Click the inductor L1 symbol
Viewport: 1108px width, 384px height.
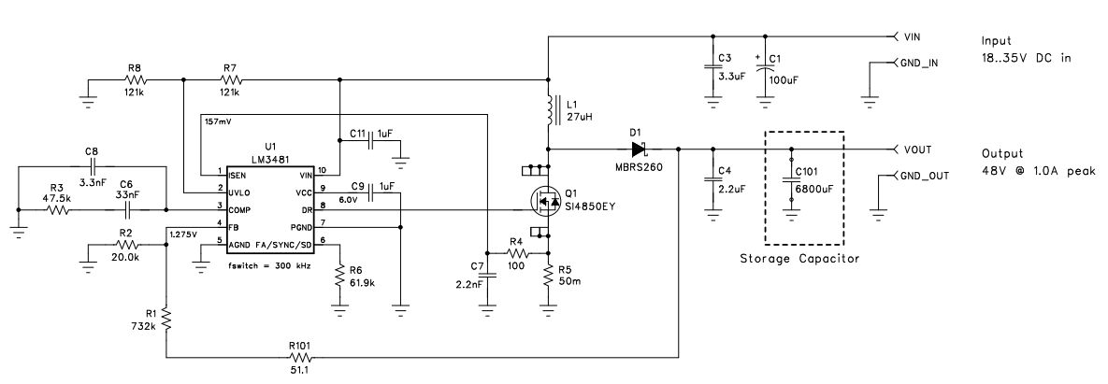click(548, 110)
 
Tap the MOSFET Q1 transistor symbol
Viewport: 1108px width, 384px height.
click(540, 200)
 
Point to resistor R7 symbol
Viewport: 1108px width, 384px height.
click(230, 79)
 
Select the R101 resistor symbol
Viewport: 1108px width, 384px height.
click(299, 356)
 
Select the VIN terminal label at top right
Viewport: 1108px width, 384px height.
click(915, 38)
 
